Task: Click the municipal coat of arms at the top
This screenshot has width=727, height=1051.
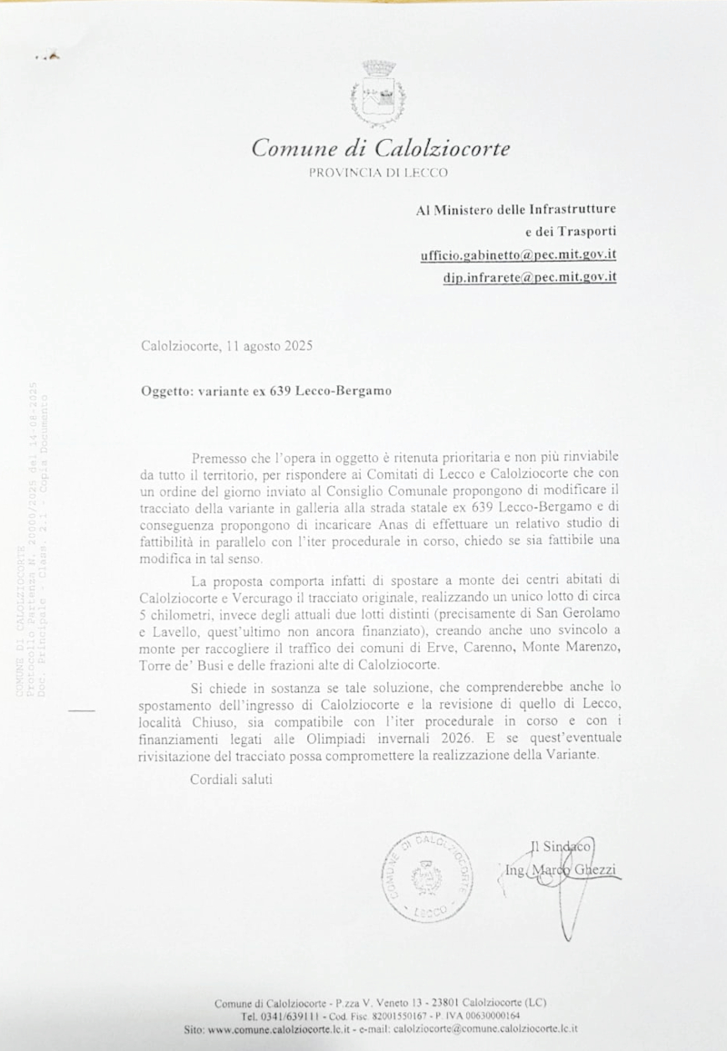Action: pos(378,94)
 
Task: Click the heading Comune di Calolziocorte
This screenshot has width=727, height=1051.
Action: pos(380,148)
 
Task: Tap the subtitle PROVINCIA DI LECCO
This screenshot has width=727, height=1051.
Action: pos(378,171)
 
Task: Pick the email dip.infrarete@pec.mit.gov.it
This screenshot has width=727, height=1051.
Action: pos(530,277)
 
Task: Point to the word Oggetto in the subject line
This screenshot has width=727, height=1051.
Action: pos(166,392)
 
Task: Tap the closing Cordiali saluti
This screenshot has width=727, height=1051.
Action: pos(231,779)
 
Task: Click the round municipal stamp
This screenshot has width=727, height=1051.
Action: pos(426,877)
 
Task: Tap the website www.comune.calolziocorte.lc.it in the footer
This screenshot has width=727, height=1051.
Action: pos(279,1028)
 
